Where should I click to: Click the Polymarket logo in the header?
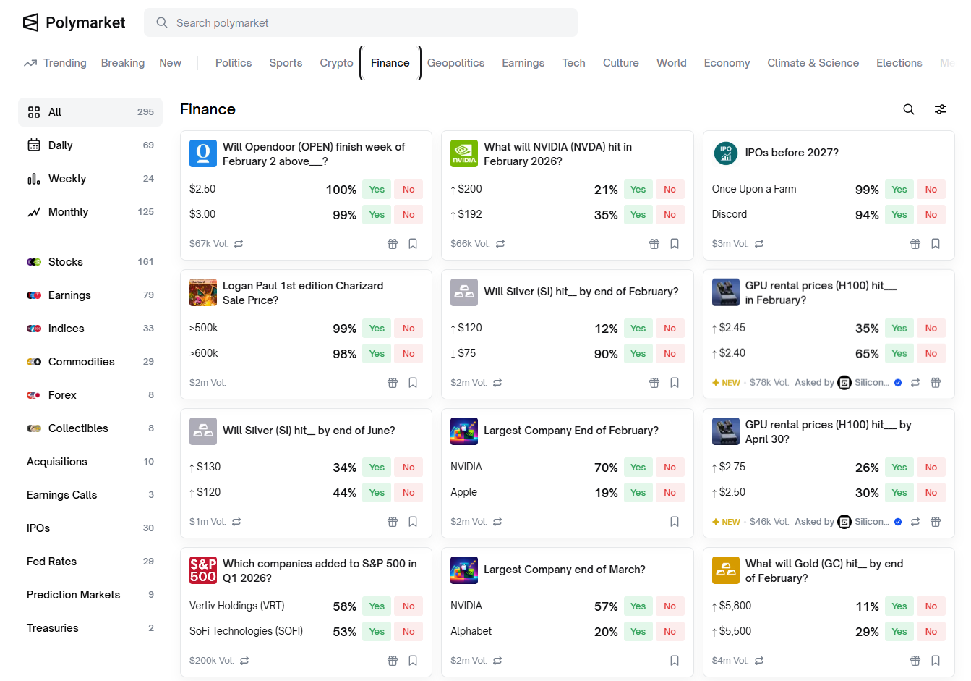(74, 22)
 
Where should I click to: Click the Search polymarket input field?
(362, 23)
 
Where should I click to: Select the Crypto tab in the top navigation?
(336, 63)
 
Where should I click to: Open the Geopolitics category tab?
(455, 63)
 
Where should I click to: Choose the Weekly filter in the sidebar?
(67, 179)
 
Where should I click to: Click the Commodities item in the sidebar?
(81, 362)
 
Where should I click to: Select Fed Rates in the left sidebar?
(51, 562)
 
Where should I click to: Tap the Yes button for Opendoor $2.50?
(377, 190)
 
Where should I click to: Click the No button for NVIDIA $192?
(670, 215)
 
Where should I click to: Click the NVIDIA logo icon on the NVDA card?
(464, 153)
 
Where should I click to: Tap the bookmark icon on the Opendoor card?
(413, 244)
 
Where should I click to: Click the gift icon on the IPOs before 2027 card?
(915, 244)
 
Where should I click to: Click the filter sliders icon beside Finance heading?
(941, 109)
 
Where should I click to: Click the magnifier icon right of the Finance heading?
(909, 109)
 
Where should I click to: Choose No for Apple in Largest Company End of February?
(670, 493)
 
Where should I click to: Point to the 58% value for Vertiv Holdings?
(344, 606)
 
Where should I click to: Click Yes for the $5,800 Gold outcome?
(899, 606)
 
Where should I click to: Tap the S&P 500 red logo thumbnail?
(203, 570)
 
